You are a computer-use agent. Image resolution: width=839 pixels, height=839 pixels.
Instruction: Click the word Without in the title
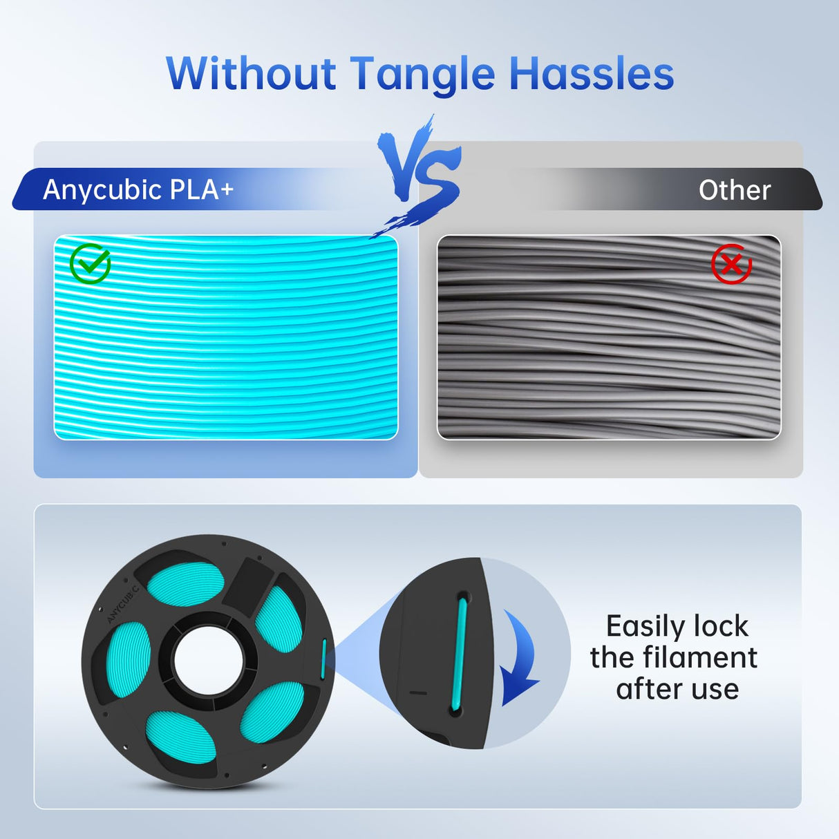tap(251, 74)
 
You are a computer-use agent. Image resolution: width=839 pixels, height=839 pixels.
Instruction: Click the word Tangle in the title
tap(422, 74)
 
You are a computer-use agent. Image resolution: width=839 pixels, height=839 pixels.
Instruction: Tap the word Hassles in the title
tap(592, 74)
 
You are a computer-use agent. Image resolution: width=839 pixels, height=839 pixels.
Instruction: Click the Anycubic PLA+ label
tap(138, 189)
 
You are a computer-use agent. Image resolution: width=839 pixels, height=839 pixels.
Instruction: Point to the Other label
tap(734, 190)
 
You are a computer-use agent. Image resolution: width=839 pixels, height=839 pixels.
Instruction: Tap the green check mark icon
tap(90, 263)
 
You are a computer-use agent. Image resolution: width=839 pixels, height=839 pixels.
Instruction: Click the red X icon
tap(731, 263)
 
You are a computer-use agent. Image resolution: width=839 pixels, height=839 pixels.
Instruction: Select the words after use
tap(677, 689)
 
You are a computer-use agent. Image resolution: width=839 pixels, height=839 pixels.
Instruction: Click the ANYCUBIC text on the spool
tap(123, 603)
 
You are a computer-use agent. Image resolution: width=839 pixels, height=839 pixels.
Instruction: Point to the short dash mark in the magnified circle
tap(418, 692)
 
